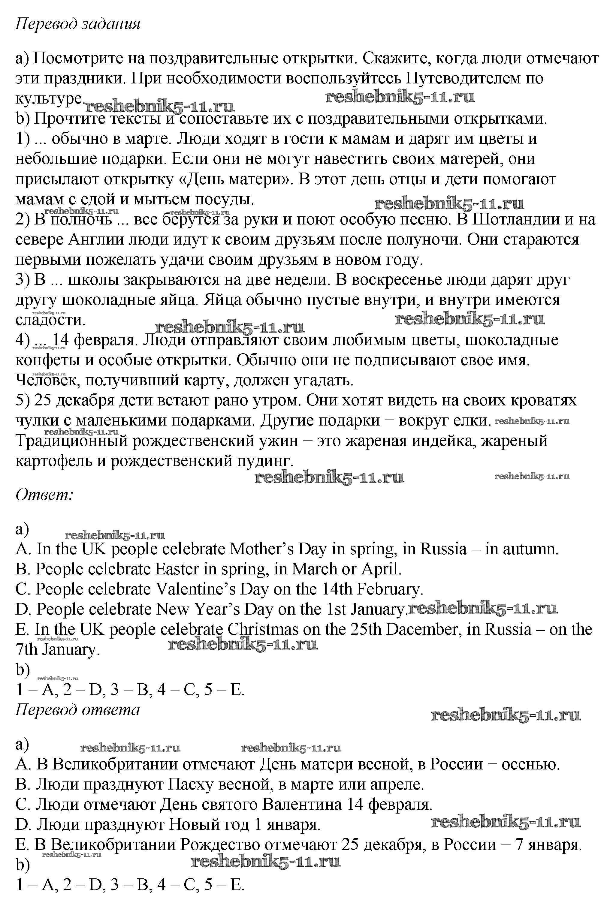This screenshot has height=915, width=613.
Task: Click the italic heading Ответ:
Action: pyautogui.click(x=44, y=495)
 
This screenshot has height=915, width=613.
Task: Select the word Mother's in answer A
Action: pyautogui.click(x=261, y=549)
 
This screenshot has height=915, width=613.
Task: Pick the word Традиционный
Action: pyautogui.click(x=72, y=441)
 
